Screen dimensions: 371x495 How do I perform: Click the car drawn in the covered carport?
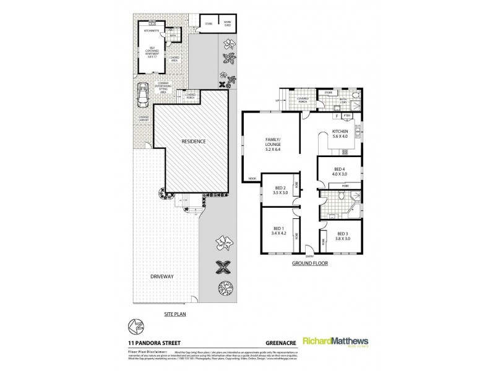click(143, 94)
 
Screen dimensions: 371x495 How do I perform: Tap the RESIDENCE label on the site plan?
click(194, 141)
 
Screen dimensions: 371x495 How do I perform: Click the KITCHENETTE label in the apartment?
click(152, 30)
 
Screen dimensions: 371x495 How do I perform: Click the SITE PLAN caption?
click(175, 313)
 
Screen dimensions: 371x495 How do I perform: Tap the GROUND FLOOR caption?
click(310, 263)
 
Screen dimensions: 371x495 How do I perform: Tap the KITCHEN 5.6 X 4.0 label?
click(340, 134)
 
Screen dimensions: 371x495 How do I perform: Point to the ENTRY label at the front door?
click(310, 256)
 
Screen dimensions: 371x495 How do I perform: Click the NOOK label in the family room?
click(252, 179)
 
